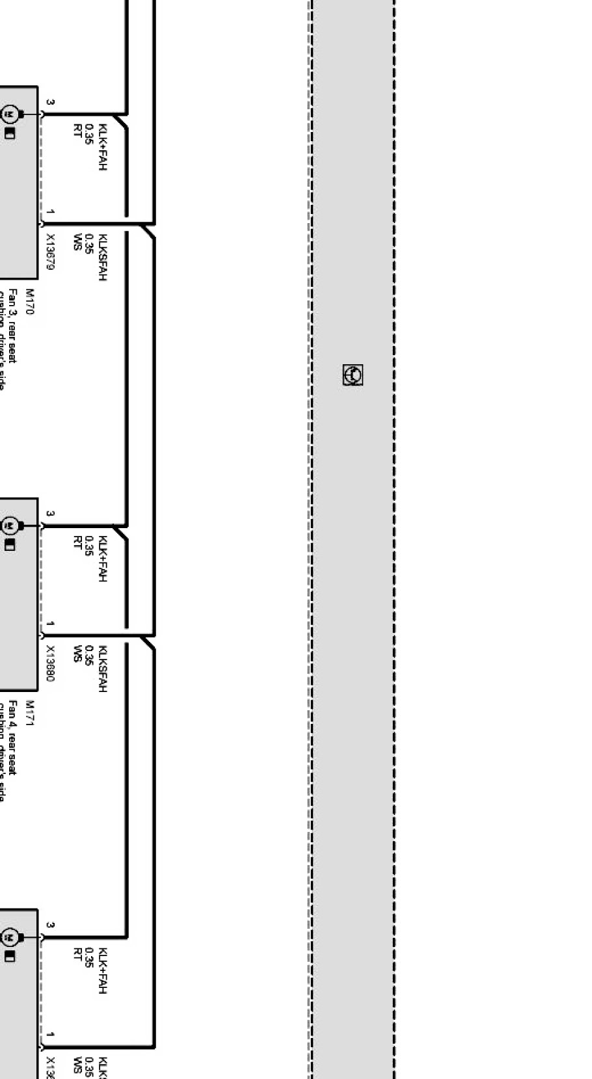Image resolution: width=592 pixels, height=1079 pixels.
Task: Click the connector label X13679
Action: pos(51,252)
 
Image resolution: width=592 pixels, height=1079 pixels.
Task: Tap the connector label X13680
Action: pos(51,663)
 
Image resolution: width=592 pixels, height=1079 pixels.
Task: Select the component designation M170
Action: pos(29,302)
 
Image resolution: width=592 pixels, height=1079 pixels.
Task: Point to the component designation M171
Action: pos(29,713)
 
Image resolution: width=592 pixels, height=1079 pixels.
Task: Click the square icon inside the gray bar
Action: pos(353,375)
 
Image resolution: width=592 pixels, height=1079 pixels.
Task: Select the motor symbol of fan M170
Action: pos(10,114)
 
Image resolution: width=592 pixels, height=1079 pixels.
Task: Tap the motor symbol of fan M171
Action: pos(10,526)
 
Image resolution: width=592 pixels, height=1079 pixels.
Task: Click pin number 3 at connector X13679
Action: pos(51,103)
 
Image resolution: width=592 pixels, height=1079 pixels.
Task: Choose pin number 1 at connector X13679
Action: pos(51,212)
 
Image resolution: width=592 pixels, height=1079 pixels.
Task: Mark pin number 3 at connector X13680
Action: pos(51,514)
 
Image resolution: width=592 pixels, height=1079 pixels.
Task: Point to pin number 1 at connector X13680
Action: pos(51,624)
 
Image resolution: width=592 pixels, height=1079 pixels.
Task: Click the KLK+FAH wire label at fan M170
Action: pos(101,147)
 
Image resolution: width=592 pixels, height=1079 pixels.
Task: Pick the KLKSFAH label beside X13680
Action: pos(101,669)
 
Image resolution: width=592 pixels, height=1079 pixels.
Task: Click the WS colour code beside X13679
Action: pos(77,241)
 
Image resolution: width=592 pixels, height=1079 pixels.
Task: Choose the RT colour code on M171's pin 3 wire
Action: pos(77,543)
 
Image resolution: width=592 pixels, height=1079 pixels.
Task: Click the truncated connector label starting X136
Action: pos(51,1067)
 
